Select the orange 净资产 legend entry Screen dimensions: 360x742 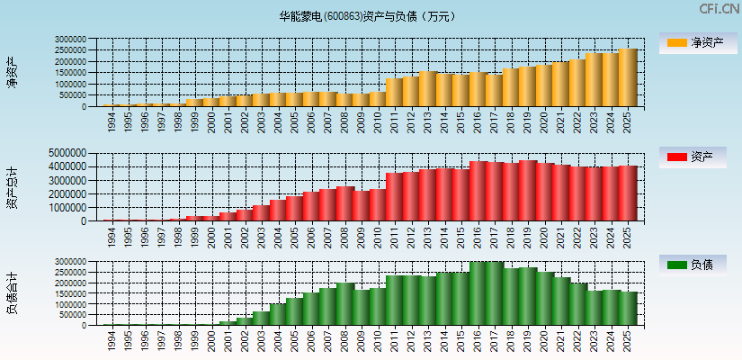pyautogui.click(x=695, y=42)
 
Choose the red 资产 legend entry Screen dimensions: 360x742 pyautogui.click(x=695, y=157)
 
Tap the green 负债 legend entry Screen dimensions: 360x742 pyautogui.click(x=695, y=265)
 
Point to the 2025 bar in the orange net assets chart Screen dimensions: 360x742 pyautogui.click(x=627, y=77)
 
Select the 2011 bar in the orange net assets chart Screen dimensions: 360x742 pyautogui.click(x=395, y=93)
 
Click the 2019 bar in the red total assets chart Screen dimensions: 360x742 pyautogui.click(x=528, y=191)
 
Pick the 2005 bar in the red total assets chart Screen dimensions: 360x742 pyautogui.click(x=295, y=208)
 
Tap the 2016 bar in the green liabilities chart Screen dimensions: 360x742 pyautogui.click(x=478, y=293)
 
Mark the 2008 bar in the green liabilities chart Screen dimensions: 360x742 pyautogui.click(x=345, y=304)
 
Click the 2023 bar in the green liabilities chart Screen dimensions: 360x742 pyautogui.click(x=594, y=308)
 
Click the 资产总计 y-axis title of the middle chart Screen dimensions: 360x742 pyautogui.click(x=12, y=187)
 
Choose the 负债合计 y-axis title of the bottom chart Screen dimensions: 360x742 pyautogui.click(x=12, y=293)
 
